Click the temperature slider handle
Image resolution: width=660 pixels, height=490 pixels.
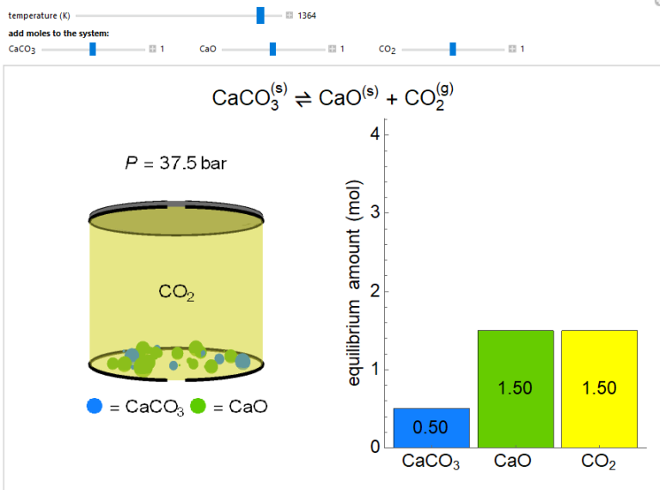pyautogui.click(x=260, y=15)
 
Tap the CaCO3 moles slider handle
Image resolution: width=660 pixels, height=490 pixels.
pyautogui.click(x=93, y=49)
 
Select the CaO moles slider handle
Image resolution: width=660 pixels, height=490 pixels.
pyautogui.click(x=272, y=49)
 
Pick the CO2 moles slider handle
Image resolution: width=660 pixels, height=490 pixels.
pyautogui.click(x=452, y=49)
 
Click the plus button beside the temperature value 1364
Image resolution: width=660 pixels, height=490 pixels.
pyautogui.click(x=289, y=15)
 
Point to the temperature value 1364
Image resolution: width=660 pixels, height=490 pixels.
pyautogui.click(x=307, y=15)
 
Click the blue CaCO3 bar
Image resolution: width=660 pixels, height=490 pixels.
pyautogui.click(x=431, y=427)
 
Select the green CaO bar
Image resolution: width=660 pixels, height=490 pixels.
pyautogui.click(x=516, y=389)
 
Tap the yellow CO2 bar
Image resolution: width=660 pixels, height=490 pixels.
pyautogui.click(x=599, y=389)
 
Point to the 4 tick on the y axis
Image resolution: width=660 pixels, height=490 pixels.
pyautogui.click(x=374, y=134)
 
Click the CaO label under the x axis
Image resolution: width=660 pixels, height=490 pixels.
pyautogui.click(x=512, y=462)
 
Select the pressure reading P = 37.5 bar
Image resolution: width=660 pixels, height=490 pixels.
pyautogui.click(x=176, y=163)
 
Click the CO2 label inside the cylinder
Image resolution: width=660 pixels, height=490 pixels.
pyautogui.click(x=176, y=293)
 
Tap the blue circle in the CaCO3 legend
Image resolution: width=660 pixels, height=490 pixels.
pyautogui.click(x=95, y=406)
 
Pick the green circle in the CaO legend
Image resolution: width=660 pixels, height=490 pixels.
pyautogui.click(x=199, y=406)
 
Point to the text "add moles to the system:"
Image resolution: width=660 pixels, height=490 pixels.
pyautogui.click(x=58, y=33)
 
